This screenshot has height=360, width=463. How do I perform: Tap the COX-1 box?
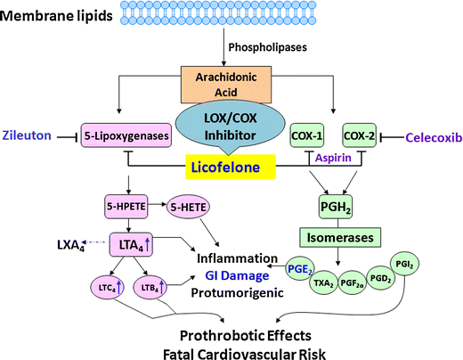tap(310, 137)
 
